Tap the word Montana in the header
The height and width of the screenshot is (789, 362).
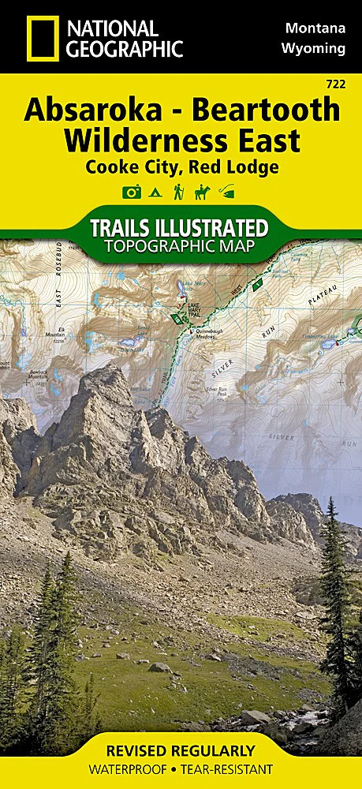point(314,28)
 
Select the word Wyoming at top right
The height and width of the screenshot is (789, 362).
point(313,48)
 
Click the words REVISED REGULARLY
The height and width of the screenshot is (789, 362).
point(181,750)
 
